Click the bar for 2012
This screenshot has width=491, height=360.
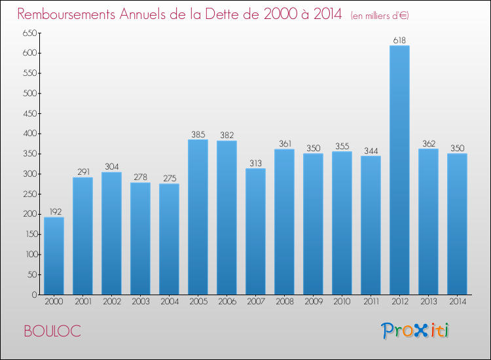[x=399, y=170]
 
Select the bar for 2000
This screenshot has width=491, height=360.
[x=54, y=256]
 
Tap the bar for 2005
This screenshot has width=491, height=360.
[x=198, y=217]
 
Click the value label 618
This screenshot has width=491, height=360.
[x=399, y=41]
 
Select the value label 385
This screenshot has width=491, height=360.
[x=198, y=135]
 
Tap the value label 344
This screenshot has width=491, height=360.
[x=371, y=151]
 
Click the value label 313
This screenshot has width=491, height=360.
[x=255, y=164]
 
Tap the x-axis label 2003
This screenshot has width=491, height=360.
[x=140, y=301]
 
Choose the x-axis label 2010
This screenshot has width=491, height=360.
[x=342, y=301]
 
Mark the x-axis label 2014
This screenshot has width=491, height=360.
[x=457, y=301]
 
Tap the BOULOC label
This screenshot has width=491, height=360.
[x=52, y=331]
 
